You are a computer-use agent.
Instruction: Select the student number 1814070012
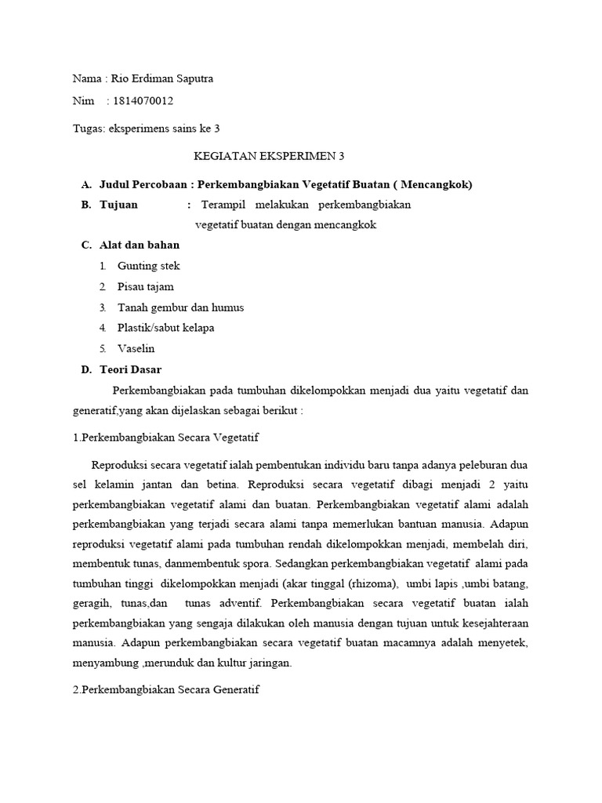pyautogui.click(x=144, y=101)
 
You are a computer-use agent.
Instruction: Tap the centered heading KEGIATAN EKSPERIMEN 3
pyautogui.click(x=270, y=156)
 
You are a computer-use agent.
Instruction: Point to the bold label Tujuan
pyautogui.click(x=118, y=205)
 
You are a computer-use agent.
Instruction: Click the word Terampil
pyautogui.click(x=223, y=205)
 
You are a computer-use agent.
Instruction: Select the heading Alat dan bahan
pyautogui.click(x=140, y=245)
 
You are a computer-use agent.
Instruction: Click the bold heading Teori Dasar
pyautogui.click(x=130, y=369)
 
